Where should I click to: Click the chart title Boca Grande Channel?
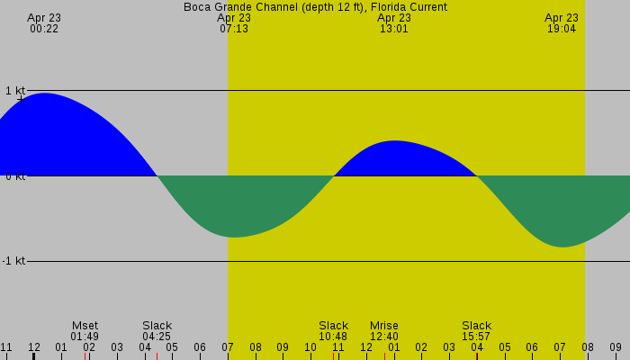(x=315, y=7)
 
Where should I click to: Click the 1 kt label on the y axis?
(x=14, y=91)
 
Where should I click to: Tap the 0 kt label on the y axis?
(x=14, y=176)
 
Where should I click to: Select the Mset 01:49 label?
(x=85, y=331)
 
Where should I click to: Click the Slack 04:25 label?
(x=157, y=331)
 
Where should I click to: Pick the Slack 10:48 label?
(x=333, y=331)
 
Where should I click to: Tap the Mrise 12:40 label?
(x=384, y=331)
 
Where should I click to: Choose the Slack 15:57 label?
(x=477, y=331)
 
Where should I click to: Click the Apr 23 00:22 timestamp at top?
(x=44, y=23)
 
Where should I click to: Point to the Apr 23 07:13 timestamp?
(x=234, y=23)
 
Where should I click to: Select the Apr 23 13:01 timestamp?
(x=394, y=23)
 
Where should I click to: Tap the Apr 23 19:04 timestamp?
(x=562, y=23)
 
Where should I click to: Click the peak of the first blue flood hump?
(x=43, y=94)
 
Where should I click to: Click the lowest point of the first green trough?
(x=235, y=237)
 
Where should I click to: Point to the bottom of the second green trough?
(x=562, y=246)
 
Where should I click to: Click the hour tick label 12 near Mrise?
(x=366, y=347)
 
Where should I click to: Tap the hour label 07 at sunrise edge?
(x=228, y=347)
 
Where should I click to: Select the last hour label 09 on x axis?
(x=615, y=347)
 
